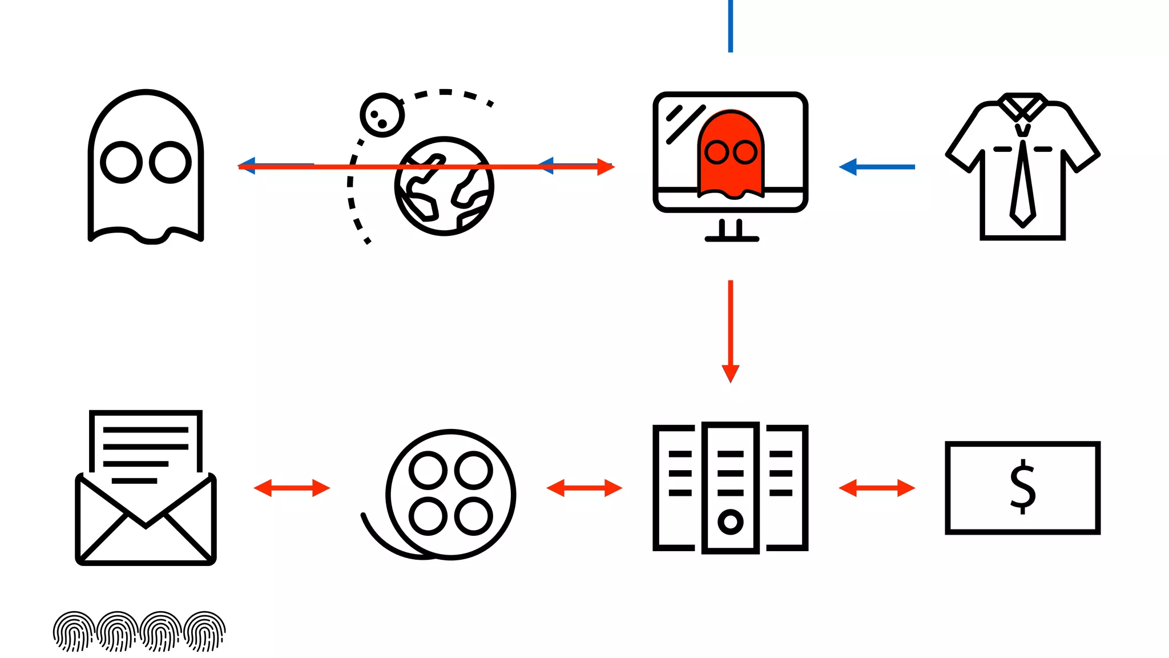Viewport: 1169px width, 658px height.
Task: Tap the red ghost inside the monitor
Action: click(731, 171)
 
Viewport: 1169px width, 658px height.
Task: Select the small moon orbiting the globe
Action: click(382, 115)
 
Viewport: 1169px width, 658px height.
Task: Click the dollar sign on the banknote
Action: click(1022, 487)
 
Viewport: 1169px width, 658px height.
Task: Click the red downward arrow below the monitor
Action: click(731, 331)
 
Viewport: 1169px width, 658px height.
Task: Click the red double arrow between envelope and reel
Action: click(292, 488)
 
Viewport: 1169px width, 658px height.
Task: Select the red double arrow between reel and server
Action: click(584, 488)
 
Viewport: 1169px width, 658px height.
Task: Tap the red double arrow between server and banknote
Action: click(877, 488)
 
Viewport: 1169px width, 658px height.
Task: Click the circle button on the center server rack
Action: click(731, 521)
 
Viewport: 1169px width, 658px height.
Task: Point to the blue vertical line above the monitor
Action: click(731, 26)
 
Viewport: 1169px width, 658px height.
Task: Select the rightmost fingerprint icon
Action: click(205, 631)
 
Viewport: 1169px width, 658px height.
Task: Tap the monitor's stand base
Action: click(732, 239)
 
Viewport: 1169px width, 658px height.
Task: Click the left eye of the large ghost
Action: click(121, 162)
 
